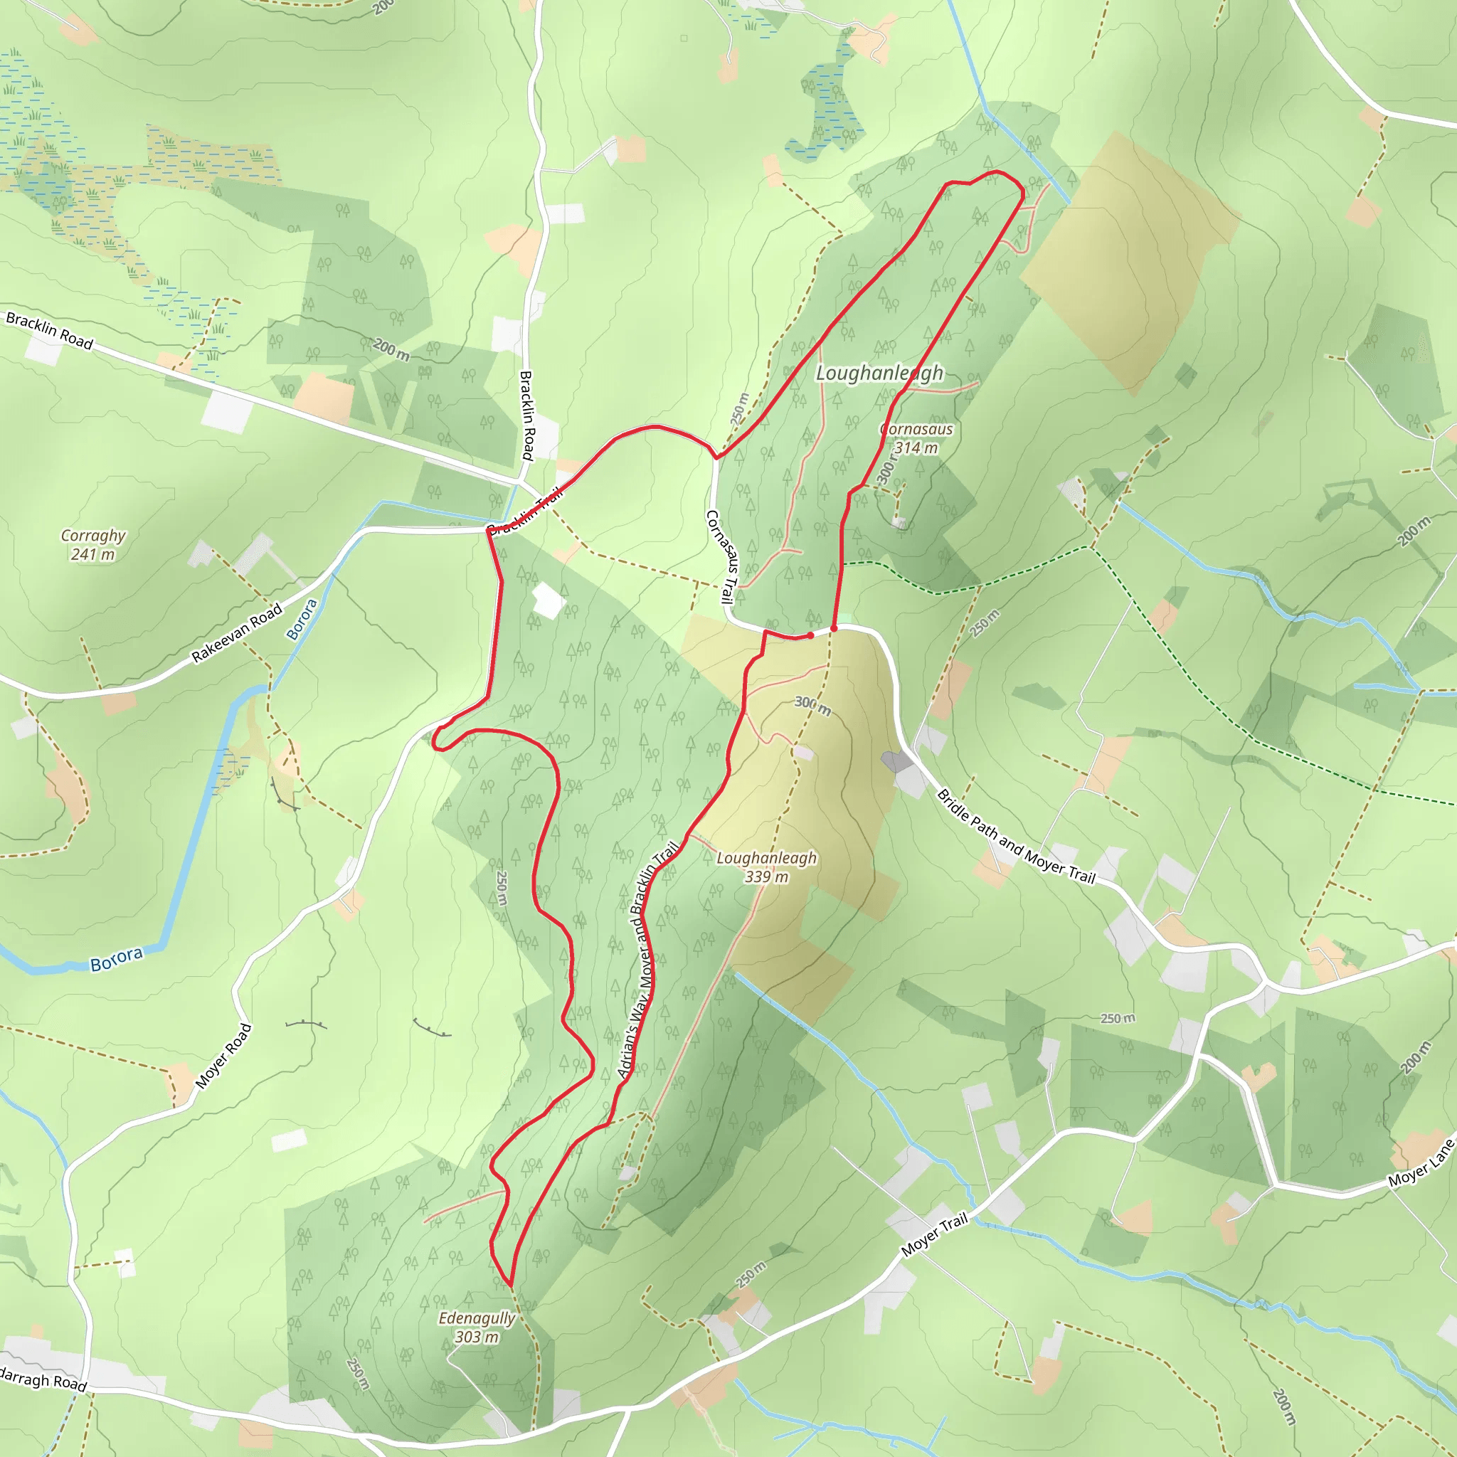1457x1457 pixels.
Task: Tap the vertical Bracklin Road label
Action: pos(527,415)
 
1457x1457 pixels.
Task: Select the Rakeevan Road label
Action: pos(237,632)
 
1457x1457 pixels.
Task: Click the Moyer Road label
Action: pos(223,1056)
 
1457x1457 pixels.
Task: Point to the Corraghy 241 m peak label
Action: pos(92,544)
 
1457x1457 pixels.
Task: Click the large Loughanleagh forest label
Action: pos(879,373)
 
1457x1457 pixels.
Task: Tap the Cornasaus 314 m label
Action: pos(916,438)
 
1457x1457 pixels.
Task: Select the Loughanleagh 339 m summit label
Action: pos(766,867)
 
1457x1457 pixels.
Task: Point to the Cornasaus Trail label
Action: pos(720,556)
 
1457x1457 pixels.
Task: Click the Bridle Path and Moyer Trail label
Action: pos(1015,836)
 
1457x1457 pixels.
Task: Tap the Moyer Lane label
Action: pos(1421,1164)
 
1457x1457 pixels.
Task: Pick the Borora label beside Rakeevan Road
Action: pos(302,619)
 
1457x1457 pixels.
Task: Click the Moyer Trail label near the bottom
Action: pos(934,1234)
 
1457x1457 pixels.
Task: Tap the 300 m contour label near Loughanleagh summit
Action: pos(812,706)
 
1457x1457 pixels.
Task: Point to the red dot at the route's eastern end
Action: pos(833,628)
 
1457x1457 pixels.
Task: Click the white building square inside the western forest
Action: pos(549,601)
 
